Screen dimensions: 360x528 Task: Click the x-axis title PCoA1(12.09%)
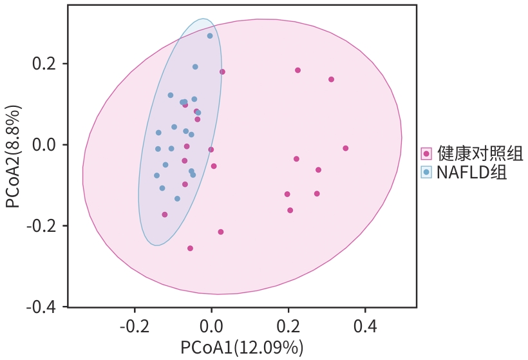(x=241, y=348)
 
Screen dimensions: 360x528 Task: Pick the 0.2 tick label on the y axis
(x=46, y=64)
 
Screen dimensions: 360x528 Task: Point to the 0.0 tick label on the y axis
(x=46, y=145)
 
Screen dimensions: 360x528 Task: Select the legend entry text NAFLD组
(x=471, y=172)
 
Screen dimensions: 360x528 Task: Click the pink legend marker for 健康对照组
(x=426, y=153)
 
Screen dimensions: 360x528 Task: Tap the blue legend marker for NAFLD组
(x=426, y=172)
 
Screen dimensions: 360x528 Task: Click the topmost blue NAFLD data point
(x=210, y=36)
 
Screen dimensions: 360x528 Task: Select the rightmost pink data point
(x=346, y=148)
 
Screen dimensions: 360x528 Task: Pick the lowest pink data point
(x=190, y=248)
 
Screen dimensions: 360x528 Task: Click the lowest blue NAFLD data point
(x=177, y=198)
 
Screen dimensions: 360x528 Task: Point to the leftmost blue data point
(x=156, y=175)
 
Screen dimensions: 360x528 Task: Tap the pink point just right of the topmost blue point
(x=222, y=72)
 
